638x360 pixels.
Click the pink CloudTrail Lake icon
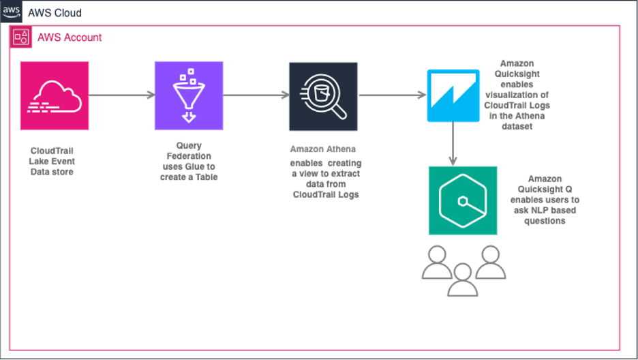55,95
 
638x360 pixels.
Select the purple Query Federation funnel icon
189,95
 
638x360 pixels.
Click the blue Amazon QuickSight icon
453,96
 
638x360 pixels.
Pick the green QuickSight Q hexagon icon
462,200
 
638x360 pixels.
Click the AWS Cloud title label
55,13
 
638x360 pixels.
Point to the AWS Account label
70,37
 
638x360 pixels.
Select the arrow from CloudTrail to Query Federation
121,95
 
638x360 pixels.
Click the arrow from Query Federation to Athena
256,95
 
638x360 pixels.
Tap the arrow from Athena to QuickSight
393,95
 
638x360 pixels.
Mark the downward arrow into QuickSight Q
453,144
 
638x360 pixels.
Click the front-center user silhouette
463,280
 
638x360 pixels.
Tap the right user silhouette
490,262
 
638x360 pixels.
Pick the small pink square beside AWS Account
20,37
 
